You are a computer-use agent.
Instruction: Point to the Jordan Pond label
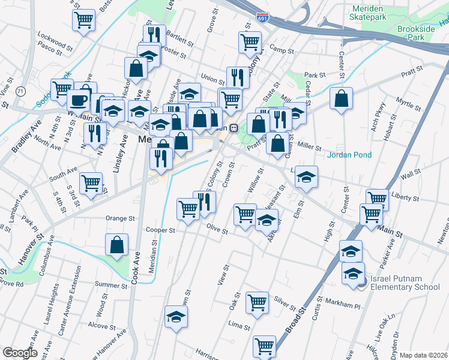tap(349, 155)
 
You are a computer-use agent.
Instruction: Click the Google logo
tap(19, 353)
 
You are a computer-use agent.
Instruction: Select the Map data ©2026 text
tap(423, 355)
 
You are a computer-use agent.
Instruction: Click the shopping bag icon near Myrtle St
tap(341, 100)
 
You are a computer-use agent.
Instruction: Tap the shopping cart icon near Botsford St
tap(84, 20)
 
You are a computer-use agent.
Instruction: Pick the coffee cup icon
tap(78, 100)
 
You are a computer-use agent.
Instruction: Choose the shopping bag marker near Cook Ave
tap(117, 245)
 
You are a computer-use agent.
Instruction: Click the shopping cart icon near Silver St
tap(257, 302)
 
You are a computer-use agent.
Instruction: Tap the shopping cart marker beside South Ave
tap(91, 183)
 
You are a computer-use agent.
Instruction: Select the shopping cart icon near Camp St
tap(250, 42)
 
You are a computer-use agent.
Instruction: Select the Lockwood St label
tap(55, 36)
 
